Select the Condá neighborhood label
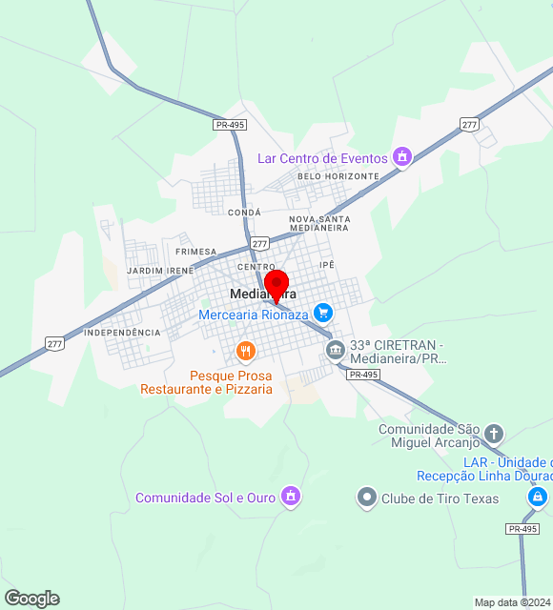(244, 213)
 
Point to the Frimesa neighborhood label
(196, 252)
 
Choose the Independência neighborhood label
(122, 333)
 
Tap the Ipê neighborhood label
(328, 263)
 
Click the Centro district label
(256, 267)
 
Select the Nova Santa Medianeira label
(319, 224)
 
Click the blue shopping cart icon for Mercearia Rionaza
(323, 312)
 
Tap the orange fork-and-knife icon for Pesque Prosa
(246, 352)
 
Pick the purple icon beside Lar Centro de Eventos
(402, 156)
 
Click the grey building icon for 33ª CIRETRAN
(336, 350)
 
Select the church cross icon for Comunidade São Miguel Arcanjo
(494, 435)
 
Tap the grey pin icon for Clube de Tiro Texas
(367, 498)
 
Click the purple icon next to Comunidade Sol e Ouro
(292, 497)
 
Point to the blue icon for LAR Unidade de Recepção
(538, 497)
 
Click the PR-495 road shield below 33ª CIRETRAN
(364, 375)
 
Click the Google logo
(31, 599)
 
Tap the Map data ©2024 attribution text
(512, 602)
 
